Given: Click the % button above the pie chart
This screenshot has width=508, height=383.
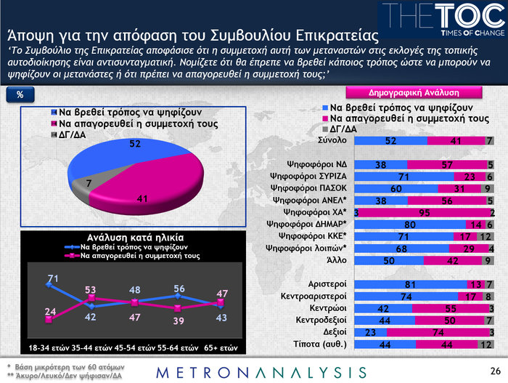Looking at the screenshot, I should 21,95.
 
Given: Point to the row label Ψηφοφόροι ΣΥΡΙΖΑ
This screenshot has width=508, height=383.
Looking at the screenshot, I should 308,177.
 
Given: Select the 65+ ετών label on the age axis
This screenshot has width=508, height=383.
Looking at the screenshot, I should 217,347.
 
